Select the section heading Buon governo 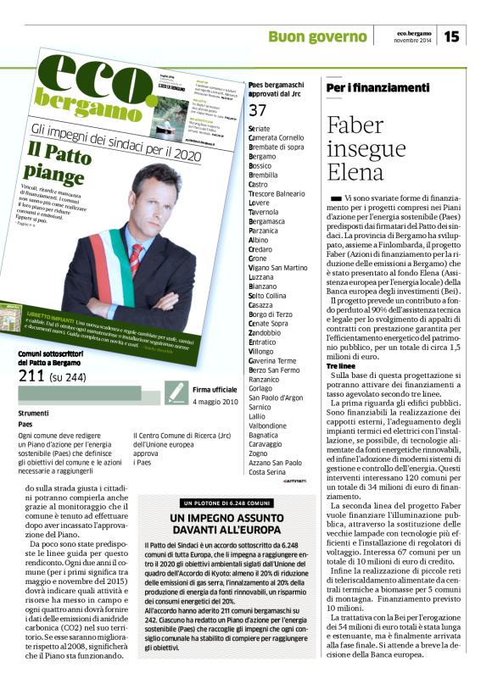[x=317, y=36]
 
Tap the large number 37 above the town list [x=258, y=111]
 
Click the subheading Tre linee [x=344, y=365]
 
